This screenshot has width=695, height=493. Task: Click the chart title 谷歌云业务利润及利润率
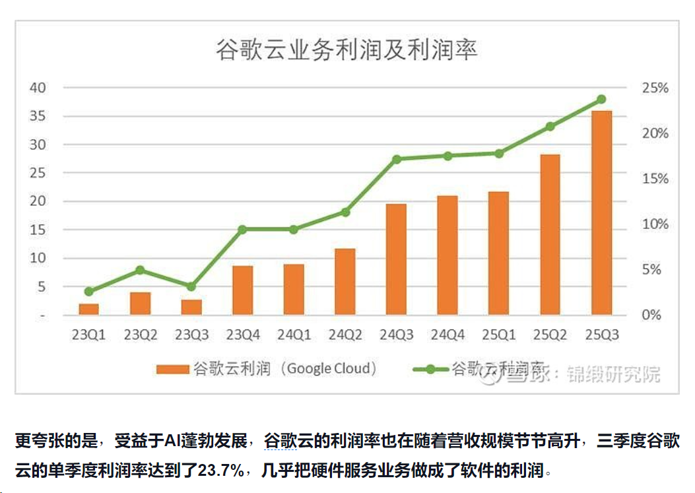pyautogui.click(x=347, y=51)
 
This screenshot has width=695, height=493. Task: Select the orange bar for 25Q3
pyautogui.click(x=601, y=213)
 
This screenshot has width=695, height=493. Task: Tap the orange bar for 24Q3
pyautogui.click(x=396, y=259)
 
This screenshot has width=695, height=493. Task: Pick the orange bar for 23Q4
pyautogui.click(x=242, y=290)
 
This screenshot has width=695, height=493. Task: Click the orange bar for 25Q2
pyautogui.click(x=550, y=234)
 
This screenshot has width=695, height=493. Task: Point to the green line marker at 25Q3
pyautogui.click(x=601, y=100)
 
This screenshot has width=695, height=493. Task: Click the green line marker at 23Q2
pyautogui.click(x=140, y=270)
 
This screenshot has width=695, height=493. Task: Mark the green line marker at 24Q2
pyautogui.click(x=345, y=213)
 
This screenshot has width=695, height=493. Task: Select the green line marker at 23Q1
pyautogui.click(x=89, y=291)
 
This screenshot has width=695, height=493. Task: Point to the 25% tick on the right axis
pyautogui.click(x=655, y=88)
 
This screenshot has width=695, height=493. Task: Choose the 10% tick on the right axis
pyautogui.click(x=655, y=224)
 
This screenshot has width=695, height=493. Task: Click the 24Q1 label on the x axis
pyautogui.click(x=294, y=335)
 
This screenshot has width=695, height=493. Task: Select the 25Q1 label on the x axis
pyautogui.click(x=498, y=335)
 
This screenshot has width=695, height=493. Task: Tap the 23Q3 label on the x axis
pyautogui.click(x=191, y=335)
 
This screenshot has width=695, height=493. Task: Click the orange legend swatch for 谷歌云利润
pyautogui.click(x=172, y=370)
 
